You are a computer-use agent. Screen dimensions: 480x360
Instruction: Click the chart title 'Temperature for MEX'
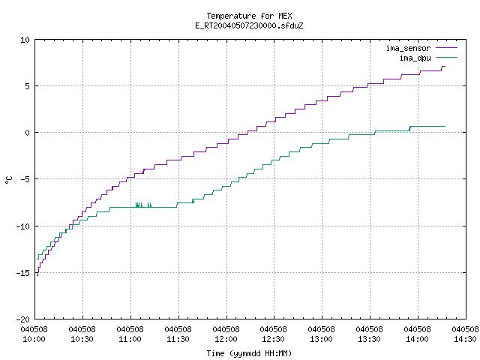tap(249, 16)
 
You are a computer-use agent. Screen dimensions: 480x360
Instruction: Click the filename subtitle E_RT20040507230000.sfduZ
tap(249, 25)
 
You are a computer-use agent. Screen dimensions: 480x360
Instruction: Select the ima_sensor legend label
tap(408, 48)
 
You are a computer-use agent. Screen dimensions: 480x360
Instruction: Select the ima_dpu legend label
tap(415, 58)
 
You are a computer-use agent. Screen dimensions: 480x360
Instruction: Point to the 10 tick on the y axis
tap(25, 40)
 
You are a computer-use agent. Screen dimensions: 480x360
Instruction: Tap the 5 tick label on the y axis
tap(28, 86)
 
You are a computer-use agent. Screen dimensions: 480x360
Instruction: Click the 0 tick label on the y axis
tap(28, 133)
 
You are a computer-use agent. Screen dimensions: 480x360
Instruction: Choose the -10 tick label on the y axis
tap(23, 226)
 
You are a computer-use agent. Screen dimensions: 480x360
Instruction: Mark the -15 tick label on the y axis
tap(23, 273)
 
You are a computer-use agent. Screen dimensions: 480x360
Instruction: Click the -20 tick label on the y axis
tap(23, 319)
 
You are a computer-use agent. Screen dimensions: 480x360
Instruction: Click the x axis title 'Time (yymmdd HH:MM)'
tap(249, 353)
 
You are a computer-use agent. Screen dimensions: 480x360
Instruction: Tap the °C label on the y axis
tap(9, 180)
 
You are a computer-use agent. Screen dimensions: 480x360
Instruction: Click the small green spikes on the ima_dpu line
tap(143, 205)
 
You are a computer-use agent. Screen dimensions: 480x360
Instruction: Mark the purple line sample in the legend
tap(446, 48)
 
